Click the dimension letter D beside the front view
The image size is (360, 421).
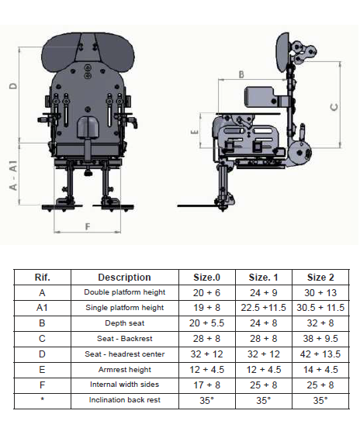click(14, 86)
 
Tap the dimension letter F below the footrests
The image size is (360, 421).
click(88, 227)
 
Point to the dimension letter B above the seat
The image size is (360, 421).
click(241, 74)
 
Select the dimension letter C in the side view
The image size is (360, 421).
click(334, 107)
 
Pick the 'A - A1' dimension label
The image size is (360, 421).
click(13, 175)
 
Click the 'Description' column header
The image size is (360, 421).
click(124, 277)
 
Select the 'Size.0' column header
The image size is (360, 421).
click(206, 277)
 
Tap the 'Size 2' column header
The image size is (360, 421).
click(320, 277)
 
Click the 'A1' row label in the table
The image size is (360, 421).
click(42, 308)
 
